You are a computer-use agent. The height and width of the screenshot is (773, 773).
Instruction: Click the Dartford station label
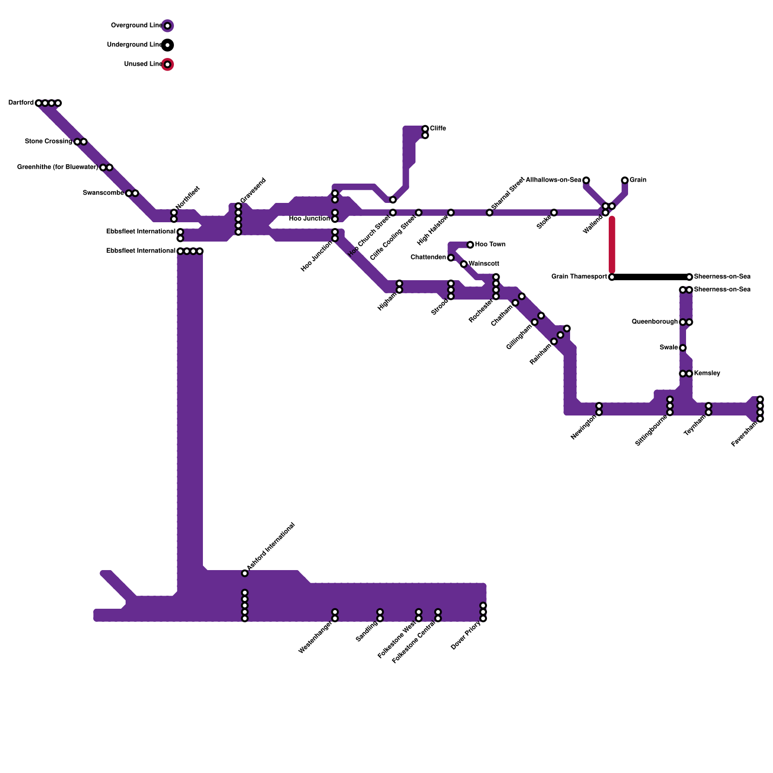pos(21,103)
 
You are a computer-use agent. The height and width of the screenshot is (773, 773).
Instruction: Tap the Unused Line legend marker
pos(167,64)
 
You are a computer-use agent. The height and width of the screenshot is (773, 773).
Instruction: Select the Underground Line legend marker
pos(167,45)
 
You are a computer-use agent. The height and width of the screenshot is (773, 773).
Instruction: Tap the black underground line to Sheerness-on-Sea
pos(650,277)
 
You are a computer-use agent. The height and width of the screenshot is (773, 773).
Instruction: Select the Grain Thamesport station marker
pos(612,277)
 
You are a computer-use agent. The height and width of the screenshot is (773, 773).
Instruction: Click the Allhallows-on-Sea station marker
pos(586,180)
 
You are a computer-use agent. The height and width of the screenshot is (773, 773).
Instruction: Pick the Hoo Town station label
pos(490,244)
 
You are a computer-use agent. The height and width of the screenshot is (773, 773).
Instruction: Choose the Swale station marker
pos(683,348)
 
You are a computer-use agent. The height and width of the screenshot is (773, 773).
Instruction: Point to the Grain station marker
pos(625,180)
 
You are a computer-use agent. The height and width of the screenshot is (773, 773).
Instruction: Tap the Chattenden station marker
pos(451,258)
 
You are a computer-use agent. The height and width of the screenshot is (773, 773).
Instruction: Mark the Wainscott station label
pos(484,264)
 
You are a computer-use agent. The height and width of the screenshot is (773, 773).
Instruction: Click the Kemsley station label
pos(707,373)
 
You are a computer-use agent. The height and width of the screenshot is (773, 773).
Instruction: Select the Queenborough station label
pos(655,322)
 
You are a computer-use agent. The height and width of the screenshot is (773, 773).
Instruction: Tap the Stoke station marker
pos(554,213)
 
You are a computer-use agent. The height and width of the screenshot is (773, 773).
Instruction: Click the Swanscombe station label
pos(103,193)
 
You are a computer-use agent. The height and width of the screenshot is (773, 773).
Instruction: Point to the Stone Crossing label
pos(48,142)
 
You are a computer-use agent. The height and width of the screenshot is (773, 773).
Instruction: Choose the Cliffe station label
pos(438,129)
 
